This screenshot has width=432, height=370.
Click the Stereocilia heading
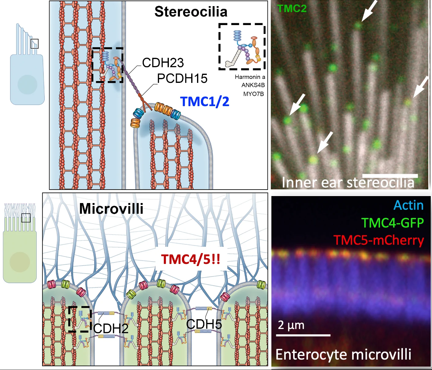[191, 12]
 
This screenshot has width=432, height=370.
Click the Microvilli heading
[111, 209]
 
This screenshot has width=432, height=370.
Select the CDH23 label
[163, 62]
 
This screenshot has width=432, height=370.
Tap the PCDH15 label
[182, 78]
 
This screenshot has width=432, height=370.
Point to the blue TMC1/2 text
[205, 102]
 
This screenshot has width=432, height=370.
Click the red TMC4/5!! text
[191, 259]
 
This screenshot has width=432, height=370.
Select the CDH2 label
[111, 328]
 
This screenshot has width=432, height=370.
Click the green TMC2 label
[292, 9]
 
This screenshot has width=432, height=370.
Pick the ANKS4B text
[253, 85]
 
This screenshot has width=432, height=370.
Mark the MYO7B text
[254, 94]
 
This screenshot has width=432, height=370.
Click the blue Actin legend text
[408, 205]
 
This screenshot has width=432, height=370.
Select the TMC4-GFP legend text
[393, 223]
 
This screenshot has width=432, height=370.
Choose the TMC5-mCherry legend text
[379, 240]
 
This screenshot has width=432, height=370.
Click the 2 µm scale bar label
[291, 325]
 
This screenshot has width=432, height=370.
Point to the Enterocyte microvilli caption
[343, 354]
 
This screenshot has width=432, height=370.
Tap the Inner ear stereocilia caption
[348, 182]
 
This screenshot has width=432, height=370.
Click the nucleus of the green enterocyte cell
[20, 262]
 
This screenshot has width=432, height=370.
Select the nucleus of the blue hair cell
[27, 84]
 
